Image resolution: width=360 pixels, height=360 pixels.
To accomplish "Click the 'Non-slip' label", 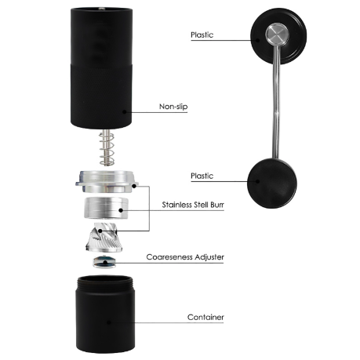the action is click(x=173, y=107).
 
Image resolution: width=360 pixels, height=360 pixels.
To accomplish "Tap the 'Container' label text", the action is click(x=205, y=317).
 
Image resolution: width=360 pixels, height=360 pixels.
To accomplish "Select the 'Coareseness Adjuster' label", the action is click(x=185, y=257).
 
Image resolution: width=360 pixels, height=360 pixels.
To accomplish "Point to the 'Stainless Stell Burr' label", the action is click(x=193, y=205).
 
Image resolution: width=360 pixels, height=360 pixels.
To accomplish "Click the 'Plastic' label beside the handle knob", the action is click(x=202, y=176).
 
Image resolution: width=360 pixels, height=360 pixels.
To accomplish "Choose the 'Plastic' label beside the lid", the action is click(x=202, y=35).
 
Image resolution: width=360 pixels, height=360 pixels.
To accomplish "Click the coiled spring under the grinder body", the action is click(x=107, y=148).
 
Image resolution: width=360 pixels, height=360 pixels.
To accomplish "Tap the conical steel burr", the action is click(x=104, y=238).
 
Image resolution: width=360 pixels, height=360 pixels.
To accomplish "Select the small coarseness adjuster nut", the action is click(x=104, y=262).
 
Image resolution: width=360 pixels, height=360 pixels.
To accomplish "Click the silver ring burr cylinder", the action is click(x=106, y=209).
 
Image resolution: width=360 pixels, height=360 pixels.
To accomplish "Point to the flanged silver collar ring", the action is click(x=107, y=181).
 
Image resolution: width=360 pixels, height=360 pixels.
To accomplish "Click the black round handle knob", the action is click(x=272, y=183).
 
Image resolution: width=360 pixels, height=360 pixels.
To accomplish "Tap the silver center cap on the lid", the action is click(x=278, y=35).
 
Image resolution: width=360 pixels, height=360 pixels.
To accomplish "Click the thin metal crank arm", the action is click(x=276, y=103).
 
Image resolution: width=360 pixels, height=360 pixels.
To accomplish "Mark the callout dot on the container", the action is click(x=109, y=322).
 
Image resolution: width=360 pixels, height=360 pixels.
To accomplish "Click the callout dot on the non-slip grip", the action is click(x=124, y=112).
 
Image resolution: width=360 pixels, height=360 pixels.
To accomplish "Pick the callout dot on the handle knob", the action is click(x=258, y=181).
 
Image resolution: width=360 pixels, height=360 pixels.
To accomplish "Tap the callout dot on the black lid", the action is click(x=258, y=40).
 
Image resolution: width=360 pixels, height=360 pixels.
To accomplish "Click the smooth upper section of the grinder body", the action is click(x=101, y=37).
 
